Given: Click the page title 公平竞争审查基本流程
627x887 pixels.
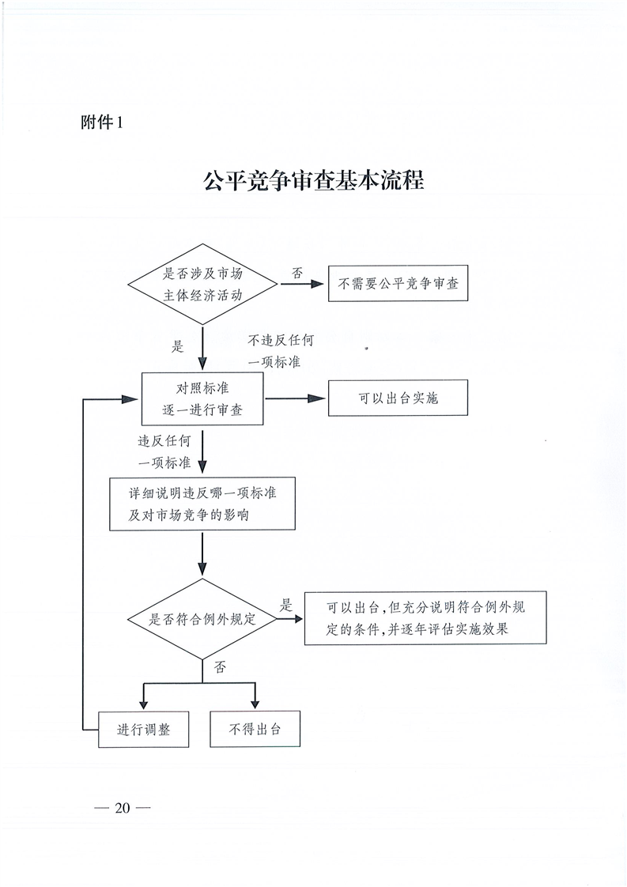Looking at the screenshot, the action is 313,181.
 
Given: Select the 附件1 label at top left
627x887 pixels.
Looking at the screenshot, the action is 102,123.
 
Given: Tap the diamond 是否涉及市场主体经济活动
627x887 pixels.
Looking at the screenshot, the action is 202,284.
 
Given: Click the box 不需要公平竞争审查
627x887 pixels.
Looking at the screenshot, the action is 398,283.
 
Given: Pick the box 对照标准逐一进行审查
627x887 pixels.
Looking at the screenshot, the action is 202,398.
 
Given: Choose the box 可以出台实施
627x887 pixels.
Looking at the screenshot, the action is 398,398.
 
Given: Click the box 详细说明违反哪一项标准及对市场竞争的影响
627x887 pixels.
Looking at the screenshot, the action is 202,504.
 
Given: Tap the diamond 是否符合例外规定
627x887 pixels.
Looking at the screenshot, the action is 202,619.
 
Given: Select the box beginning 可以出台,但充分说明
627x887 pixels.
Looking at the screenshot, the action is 425,617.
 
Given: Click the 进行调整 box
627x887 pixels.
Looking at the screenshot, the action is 143,729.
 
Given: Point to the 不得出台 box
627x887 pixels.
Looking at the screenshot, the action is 255,729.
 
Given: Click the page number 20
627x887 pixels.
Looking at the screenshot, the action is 123,808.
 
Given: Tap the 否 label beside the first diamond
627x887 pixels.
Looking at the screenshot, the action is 297,273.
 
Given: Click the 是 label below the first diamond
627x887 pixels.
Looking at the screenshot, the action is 178,346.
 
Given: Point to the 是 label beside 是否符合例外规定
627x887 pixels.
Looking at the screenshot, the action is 286,605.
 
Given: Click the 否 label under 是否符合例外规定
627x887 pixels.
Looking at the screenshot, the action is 220,667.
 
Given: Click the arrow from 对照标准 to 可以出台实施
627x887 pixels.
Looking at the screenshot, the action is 296,398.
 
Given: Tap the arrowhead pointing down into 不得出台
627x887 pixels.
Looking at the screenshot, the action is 255,704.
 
